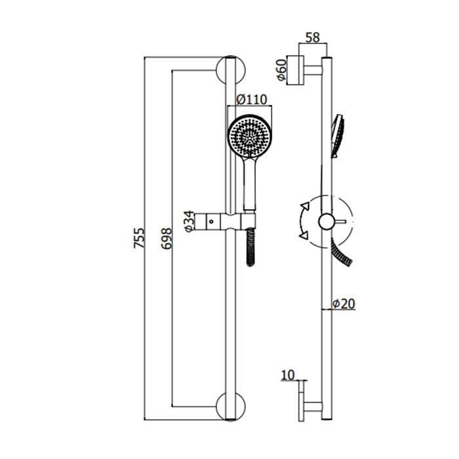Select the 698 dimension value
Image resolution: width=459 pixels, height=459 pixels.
165,240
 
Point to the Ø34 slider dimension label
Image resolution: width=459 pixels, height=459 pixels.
188,221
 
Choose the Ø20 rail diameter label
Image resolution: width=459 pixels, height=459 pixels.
343,304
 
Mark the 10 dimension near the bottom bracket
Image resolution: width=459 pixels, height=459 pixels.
287,374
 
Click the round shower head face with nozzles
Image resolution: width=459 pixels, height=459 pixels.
249,137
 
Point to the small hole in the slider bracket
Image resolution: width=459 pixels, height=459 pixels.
211,221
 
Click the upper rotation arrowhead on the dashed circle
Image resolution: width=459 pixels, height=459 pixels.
304,208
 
